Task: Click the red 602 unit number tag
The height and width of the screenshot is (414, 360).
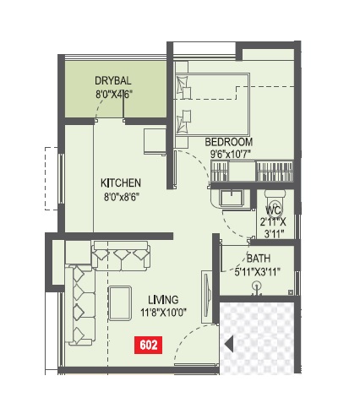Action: click(x=148, y=344)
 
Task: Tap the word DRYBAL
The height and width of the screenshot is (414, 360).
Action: click(x=113, y=80)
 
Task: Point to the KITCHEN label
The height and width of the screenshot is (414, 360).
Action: click(x=121, y=182)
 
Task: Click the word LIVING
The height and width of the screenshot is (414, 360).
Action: click(x=164, y=299)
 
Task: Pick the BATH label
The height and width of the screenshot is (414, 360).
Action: click(x=259, y=259)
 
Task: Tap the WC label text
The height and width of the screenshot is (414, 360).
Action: click(x=272, y=210)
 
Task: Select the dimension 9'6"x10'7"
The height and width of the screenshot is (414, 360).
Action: click(x=232, y=154)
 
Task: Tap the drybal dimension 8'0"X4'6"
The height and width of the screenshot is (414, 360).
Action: click(x=113, y=94)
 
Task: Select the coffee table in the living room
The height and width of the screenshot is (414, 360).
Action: click(x=121, y=303)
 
